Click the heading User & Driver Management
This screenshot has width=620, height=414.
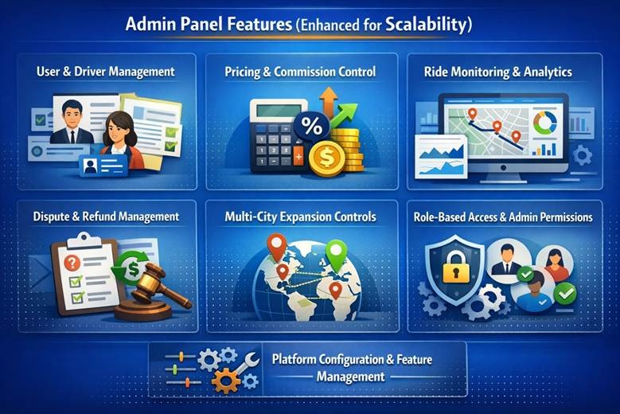tap(105, 72)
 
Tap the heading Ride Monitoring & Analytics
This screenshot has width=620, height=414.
tap(498, 72)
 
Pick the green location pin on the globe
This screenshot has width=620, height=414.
tap(337, 256)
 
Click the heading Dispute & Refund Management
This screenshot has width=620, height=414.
tap(106, 217)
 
